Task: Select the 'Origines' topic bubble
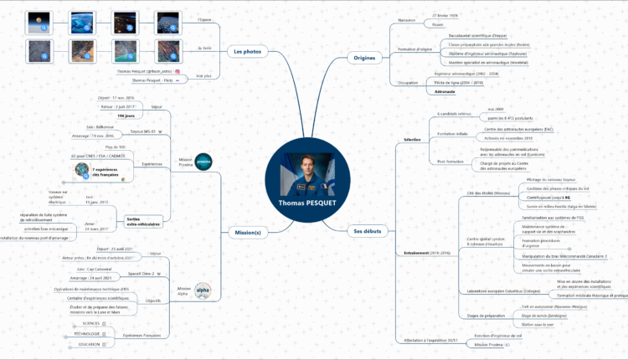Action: pos(366,56)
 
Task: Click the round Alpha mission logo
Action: pos(203,289)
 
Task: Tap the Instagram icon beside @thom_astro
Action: pos(178,73)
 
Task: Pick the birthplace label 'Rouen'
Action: pos(437,24)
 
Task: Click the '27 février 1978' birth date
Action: pos(445,15)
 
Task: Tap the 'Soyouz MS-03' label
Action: pos(145,131)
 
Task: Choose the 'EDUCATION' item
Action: pos(90,344)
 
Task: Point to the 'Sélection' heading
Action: pos(412,139)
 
